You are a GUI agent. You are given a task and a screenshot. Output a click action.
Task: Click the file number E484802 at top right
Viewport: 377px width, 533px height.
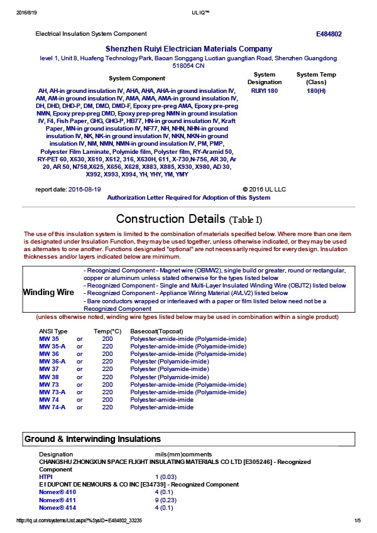click(x=329, y=34)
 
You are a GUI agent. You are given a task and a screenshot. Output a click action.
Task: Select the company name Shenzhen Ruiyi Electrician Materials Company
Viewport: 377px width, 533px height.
click(x=188, y=49)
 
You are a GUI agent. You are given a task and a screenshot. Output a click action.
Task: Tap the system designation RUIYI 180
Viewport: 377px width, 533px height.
click(x=264, y=91)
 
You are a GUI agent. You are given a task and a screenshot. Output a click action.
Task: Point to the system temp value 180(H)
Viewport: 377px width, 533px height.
click(x=316, y=91)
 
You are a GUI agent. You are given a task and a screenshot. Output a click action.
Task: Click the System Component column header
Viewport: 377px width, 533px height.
click(x=137, y=78)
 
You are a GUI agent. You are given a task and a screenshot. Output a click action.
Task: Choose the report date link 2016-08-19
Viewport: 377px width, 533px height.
click(x=84, y=189)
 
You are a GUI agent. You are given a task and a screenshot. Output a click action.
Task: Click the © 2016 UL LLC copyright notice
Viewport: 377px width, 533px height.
click(x=264, y=189)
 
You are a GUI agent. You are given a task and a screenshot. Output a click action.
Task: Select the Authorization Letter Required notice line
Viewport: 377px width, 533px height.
click(x=188, y=198)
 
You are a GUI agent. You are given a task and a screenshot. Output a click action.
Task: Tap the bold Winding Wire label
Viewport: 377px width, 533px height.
click(x=48, y=293)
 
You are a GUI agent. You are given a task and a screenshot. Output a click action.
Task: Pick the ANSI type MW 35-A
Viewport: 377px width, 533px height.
click(x=52, y=347)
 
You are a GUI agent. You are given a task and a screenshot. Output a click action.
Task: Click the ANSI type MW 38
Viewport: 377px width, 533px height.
click(x=48, y=377)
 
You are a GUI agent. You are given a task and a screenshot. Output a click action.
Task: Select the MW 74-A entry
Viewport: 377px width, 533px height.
click(x=52, y=407)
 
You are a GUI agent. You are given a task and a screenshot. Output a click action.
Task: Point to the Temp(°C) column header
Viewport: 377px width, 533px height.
click(x=107, y=331)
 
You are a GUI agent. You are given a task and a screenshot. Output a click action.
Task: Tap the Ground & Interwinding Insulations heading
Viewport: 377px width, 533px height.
click(x=92, y=438)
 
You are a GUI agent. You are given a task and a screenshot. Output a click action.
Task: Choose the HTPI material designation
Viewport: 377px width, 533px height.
click(x=45, y=477)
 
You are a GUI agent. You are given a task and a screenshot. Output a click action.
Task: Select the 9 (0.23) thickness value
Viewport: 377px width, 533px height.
click(x=165, y=500)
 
